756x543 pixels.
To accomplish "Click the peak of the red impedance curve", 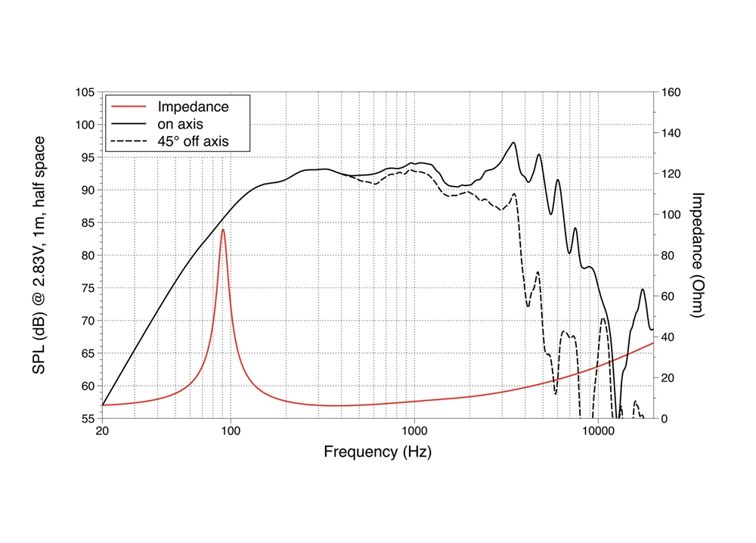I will tap(223, 229).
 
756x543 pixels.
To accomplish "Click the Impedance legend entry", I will tap(192, 106).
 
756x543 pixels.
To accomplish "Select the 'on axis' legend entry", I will tap(179, 123).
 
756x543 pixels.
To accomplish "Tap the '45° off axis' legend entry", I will tap(192, 141).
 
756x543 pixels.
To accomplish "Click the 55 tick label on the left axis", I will tap(88, 418).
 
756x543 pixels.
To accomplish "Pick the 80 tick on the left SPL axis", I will tap(88, 256).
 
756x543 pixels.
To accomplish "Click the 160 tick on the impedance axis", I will tap(672, 92).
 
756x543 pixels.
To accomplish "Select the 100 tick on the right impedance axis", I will tap(672, 215).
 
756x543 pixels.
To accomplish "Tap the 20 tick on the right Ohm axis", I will tap(669, 377).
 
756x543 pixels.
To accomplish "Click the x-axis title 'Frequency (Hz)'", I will tap(378, 453).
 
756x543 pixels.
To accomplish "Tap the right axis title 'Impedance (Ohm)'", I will tap(698, 254).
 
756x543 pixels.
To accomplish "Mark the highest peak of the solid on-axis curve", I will tap(513, 142).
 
